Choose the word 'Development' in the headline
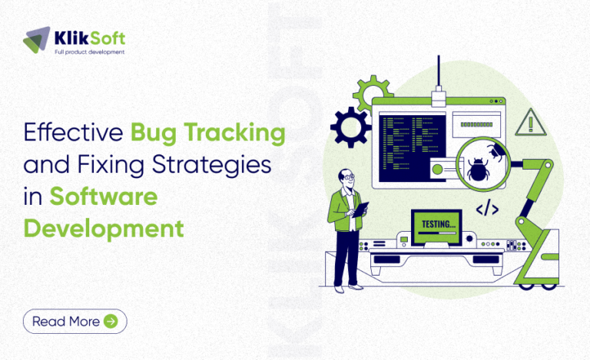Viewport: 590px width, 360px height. [x=104, y=228]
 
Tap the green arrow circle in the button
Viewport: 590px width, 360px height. [x=111, y=322]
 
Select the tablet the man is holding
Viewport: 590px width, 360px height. [x=360, y=209]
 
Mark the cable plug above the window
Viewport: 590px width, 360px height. [x=438, y=97]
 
